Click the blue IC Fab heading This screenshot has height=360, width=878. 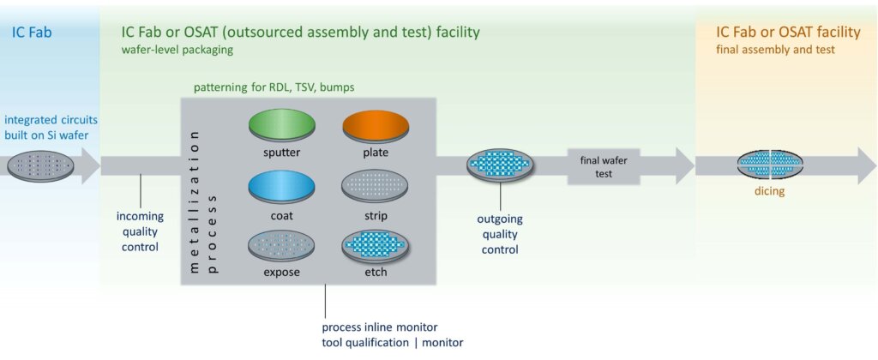point(34,33)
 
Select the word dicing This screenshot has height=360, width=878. point(769,192)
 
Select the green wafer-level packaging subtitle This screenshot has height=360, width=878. point(177,49)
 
